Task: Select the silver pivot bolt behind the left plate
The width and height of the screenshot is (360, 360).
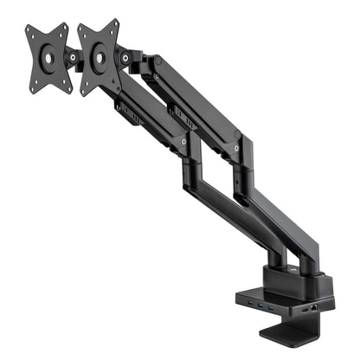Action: pos(74,58)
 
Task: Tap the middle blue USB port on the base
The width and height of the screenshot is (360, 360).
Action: pos(263,306)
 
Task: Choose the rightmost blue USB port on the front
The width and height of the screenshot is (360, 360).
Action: pos(273,309)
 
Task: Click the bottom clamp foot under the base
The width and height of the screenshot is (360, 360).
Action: pos(294,335)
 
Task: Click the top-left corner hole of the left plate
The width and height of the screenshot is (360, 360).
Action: pos(30,33)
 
